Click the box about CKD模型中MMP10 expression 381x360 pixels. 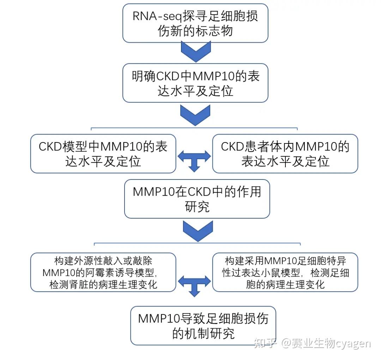103,154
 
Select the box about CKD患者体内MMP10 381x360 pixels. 285,154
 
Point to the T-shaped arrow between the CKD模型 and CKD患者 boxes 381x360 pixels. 194,160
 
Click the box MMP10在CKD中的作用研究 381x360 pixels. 197,199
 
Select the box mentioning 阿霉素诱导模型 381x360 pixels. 103,272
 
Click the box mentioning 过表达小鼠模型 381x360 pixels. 285,272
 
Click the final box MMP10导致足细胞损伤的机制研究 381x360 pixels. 203,325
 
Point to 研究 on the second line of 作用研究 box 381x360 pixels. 197,207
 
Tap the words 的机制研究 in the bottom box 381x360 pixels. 203,333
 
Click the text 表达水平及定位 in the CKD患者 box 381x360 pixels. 285,161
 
